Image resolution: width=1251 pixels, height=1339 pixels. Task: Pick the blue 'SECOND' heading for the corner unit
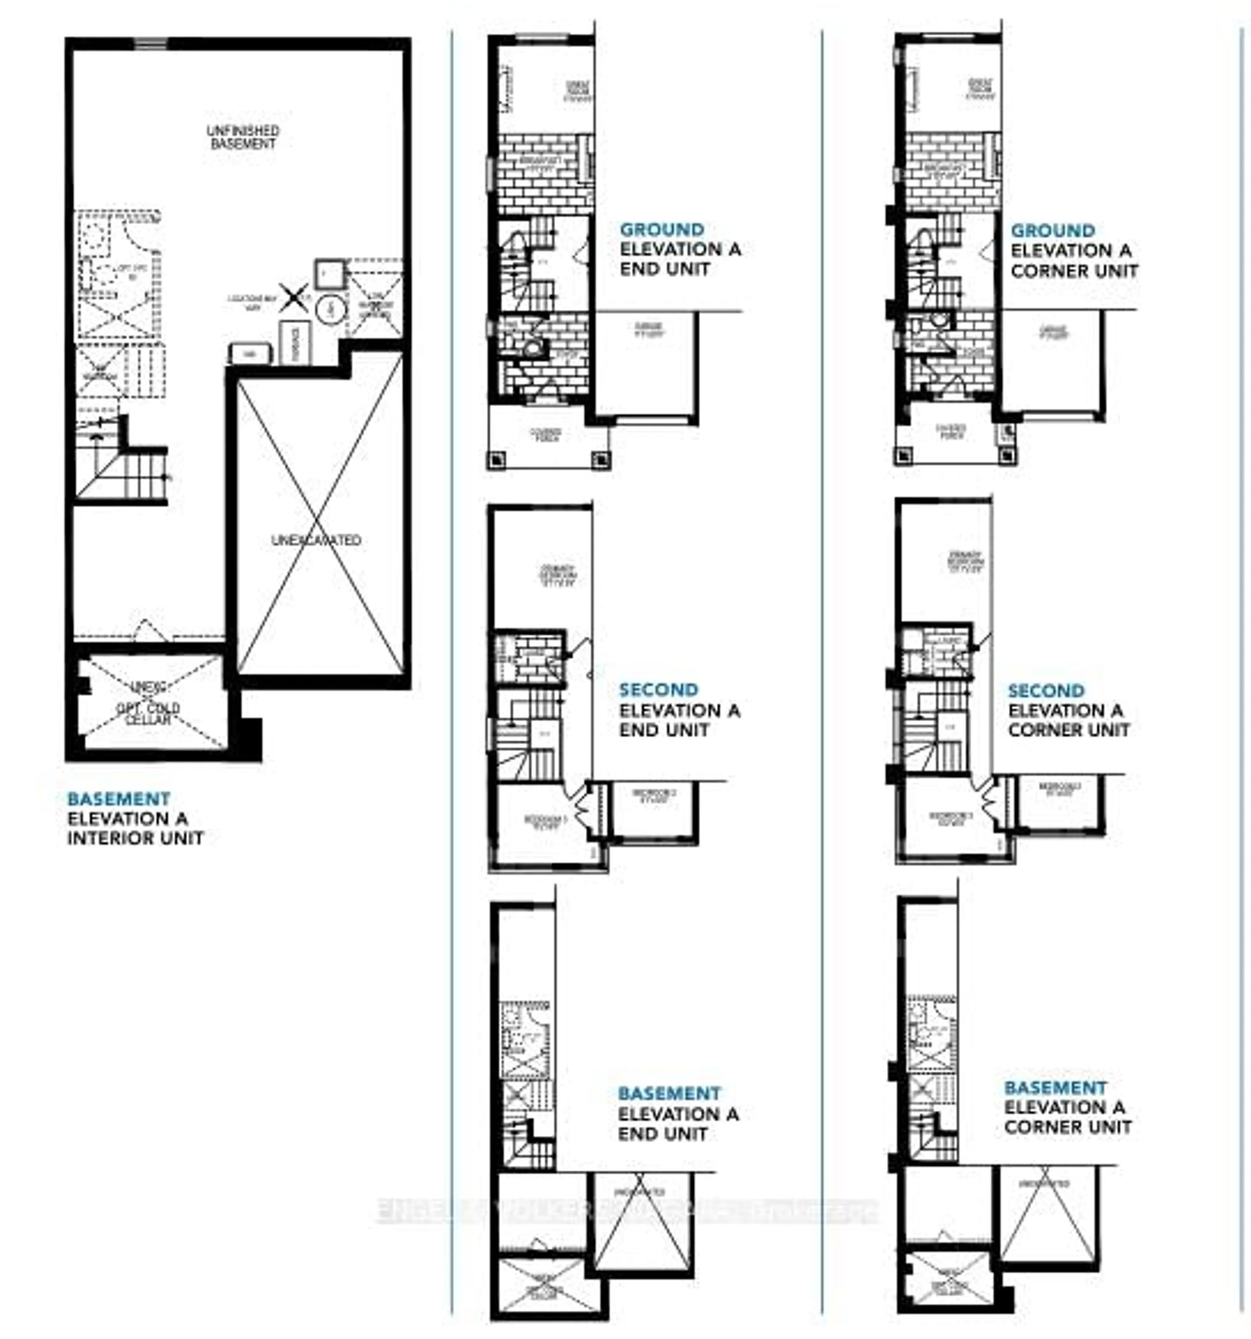coord(1046,690)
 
